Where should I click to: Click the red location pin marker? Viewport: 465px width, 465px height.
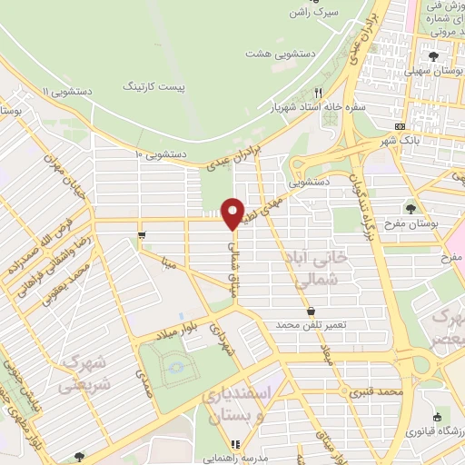232,214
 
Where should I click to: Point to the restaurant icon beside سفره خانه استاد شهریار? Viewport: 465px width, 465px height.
318,92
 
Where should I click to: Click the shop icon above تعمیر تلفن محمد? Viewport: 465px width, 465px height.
311,311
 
